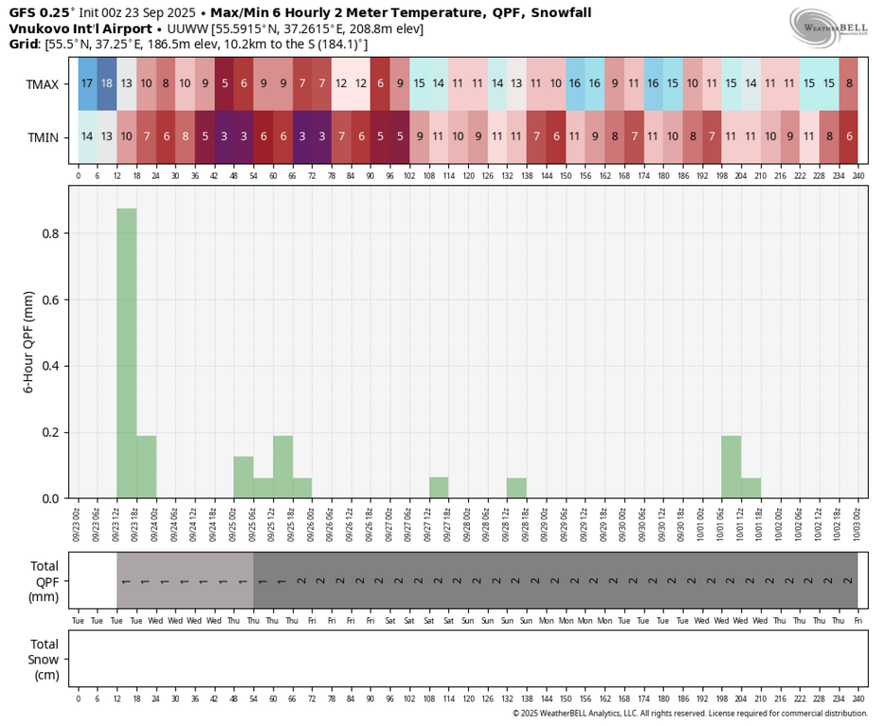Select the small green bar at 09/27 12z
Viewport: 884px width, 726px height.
pyautogui.click(x=439, y=488)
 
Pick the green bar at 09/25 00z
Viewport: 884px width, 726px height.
pyautogui.click(x=244, y=477)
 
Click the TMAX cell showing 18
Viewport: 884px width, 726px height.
pyautogui.click(x=107, y=83)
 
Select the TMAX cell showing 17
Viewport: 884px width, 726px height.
pyautogui.click(x=87, y=83)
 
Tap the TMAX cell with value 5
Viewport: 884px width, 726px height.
pyautogui.click(x=224, y=83)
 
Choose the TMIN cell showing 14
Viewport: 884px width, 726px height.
pyautogui.click(x=87, y=136)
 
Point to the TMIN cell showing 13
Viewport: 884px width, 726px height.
pyautogui.click(x=107, y=136)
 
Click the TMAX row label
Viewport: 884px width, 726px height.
pyautogui.click(x=43, y=83)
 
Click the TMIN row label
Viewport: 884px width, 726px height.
pyautogui.click(x=43, y=137)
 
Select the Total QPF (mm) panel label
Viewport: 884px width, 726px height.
pyautogui.click(x=44, y=581)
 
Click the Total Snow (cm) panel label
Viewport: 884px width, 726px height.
pyautogui.click(x=44, y=660)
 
